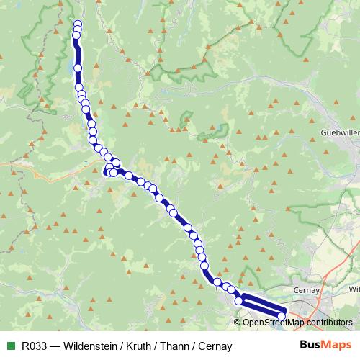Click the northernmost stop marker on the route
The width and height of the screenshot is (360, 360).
coord(77,24)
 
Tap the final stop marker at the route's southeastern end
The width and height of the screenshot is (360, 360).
coord(282,315)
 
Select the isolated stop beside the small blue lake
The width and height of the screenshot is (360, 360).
coord(78,68)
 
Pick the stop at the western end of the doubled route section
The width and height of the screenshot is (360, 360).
coord(238,301)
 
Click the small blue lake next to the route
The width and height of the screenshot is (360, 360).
coord(73,64)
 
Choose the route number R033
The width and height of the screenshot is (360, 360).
coord(35,346)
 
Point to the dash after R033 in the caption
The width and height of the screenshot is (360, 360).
coord(55,346)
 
